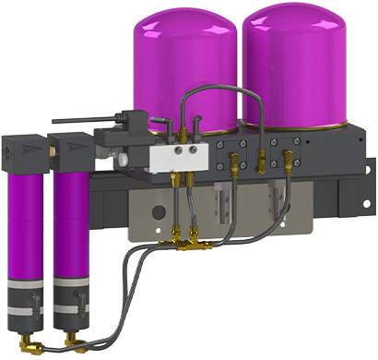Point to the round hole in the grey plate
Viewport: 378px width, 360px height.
coord(159,211)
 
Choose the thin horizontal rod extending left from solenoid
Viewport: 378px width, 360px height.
coord(78,119)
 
